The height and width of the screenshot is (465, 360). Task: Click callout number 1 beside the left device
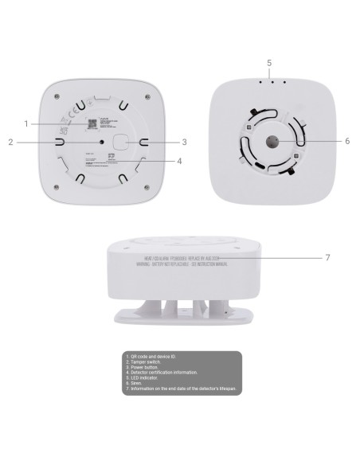point(27,123)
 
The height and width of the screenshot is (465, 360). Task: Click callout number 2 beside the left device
point(11,143)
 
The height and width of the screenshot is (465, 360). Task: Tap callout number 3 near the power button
point(184,143)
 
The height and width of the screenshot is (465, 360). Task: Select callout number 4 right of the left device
point(180,160)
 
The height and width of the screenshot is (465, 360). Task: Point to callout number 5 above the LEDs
point(268,62)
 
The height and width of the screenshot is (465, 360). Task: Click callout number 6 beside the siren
point(346,141)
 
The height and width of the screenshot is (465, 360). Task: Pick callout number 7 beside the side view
point(327,258)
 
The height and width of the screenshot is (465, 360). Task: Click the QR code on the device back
point(92,123)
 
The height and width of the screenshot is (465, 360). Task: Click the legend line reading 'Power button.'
point(148,365)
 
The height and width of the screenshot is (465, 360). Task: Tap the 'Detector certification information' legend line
point(171,371)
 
